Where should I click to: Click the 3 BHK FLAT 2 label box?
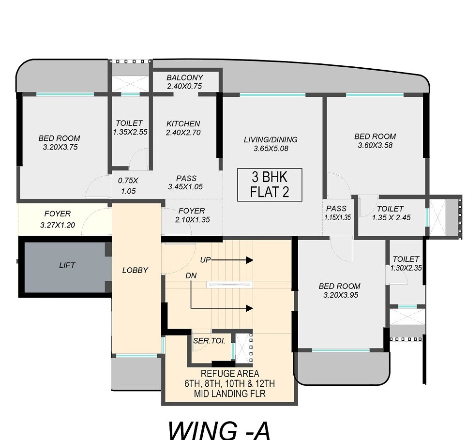(270, 184)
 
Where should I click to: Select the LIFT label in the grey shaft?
(67, 265)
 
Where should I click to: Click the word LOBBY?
(135, 271)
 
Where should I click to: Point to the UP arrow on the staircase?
(230, 260)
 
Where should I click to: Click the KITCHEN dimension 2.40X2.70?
(183, 133)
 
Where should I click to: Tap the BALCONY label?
(185, 77)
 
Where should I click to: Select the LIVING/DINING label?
(271, 140)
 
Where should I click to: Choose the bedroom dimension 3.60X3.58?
(375, 145)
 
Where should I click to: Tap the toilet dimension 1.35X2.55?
(129, 132)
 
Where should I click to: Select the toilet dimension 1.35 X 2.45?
(391, 218)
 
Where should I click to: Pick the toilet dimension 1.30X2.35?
(406, 268)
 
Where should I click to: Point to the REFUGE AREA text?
(229, 374)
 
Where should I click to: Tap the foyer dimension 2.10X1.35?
(192, 220)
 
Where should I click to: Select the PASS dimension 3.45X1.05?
(186, 187)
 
